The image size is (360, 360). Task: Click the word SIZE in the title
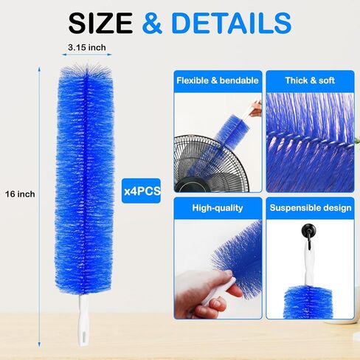(100, 23)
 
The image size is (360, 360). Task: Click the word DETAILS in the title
(232, 23)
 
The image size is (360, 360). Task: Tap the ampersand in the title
(152, 23)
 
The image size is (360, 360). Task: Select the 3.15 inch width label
(87, 47)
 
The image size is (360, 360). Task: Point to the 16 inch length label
(20, 194)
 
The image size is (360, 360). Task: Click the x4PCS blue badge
(141, 191)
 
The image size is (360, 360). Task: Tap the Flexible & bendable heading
(218, 80)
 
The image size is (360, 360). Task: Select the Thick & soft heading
(310, 80)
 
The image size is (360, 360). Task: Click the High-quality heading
(218, 208)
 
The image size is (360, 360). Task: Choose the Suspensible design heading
(311, 208)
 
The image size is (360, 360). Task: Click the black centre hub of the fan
(193, 184)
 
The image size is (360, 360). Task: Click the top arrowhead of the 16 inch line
(39, 69)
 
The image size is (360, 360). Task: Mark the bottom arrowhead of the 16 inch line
(39, 345)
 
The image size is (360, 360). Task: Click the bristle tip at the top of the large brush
(86, 64)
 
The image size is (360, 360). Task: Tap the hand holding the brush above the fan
(256, 109)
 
